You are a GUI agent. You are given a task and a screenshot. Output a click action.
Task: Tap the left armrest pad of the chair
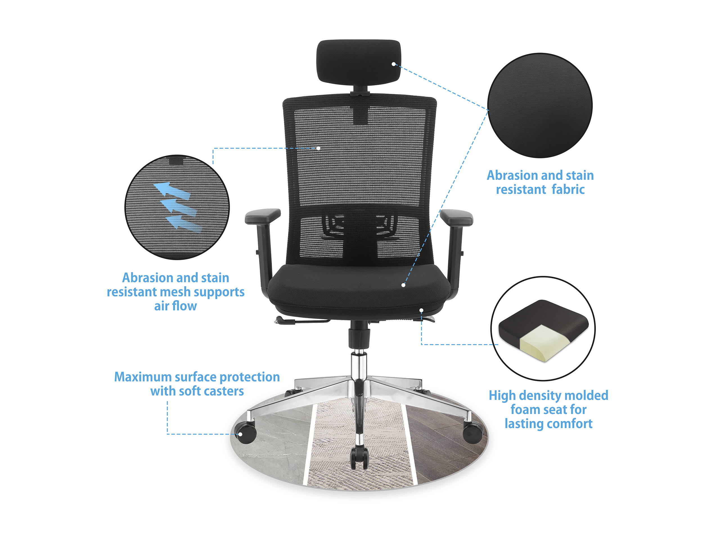click(x=263, y=215)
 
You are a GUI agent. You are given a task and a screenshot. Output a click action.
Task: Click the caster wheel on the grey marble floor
click(x=247, y=432)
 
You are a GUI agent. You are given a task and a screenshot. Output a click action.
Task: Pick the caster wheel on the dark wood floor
click(x=472, y=432)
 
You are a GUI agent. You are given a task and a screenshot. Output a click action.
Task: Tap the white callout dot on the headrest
click(x=393, y=64)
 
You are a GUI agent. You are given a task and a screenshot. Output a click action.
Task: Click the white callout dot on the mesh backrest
click(x=318, y=148)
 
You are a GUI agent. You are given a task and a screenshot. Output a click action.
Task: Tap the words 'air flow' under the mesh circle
click(x=175, y=306)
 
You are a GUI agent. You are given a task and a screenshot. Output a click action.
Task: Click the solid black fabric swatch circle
click(x=540, y=106)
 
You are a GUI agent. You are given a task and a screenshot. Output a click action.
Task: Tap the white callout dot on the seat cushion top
click(x=403, y=285)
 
